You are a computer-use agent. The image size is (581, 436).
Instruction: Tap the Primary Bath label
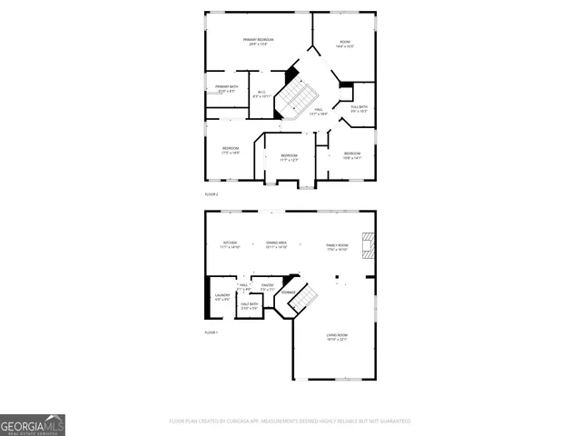(227, 89)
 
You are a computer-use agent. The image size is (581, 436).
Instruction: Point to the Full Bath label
(359, 109)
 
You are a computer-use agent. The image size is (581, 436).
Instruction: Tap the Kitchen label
(231, 245)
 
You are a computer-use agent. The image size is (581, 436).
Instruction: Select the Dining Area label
(277, 245)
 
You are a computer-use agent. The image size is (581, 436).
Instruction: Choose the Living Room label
(338, 337)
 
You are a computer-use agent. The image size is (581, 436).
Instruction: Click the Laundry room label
(222, 298)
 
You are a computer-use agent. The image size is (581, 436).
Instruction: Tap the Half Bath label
(249, 306)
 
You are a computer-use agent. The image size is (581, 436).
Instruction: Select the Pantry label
(268, 287)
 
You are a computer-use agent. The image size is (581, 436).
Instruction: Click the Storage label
(288, 292)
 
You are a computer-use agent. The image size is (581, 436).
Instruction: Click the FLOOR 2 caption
(211, 194)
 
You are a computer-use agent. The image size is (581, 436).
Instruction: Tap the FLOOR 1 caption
(211, 333)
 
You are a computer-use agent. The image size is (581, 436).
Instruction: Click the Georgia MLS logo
(32, 425)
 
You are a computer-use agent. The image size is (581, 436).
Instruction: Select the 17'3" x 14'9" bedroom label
(231, 151)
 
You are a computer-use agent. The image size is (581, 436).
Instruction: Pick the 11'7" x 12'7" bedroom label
(289, 158)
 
